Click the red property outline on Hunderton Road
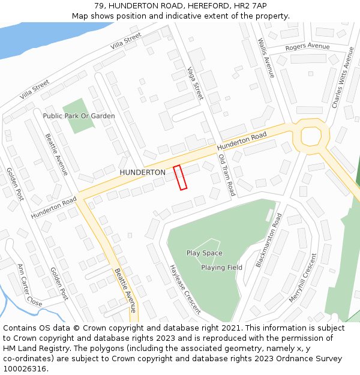click(x=180, y=178)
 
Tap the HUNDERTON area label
click(x=142, y=172)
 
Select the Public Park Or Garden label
click(x=79, y=116)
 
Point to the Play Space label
click(x=204, y=253)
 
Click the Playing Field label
click(x=221, y=268)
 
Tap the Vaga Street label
click(x=196, y=83)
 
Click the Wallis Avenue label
click(x=265, y=58)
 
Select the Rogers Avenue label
click(x=307, y=47)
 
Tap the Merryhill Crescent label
click(x=302, y=277)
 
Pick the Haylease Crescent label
click(x=184, y=289)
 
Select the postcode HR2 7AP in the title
click(x=248, y=5)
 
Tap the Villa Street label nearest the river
click(x=125, y=41)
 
